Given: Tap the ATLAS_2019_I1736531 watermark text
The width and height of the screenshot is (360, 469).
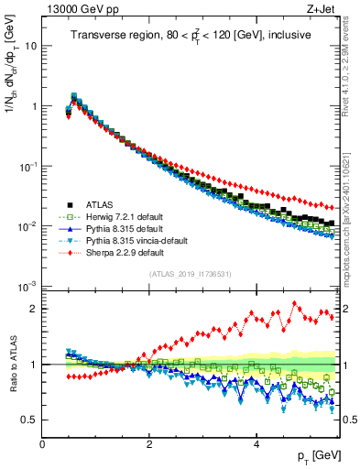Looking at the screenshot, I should (190, 274).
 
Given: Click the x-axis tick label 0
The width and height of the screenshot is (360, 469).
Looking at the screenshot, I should (42, 442).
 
